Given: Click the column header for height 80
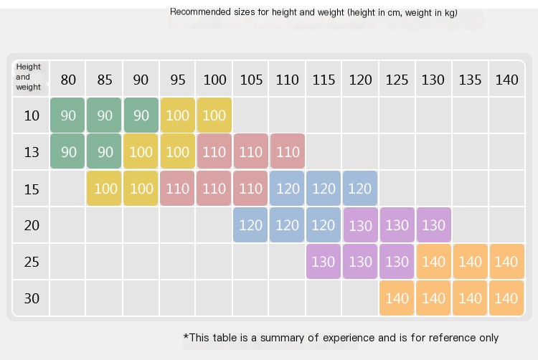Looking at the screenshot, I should [x=68, y=80].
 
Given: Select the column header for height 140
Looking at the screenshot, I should [x=506, y=80].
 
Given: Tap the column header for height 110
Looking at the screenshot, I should [x=287, y=80].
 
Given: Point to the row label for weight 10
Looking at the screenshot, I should [x=32, y=115].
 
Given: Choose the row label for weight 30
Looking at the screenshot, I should [x=32, y=298].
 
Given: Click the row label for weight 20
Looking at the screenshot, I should [x=32, y=225].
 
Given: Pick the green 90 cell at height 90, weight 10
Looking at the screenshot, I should [x=141, y=115].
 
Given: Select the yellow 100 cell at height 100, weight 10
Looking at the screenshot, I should [x=214, y=115].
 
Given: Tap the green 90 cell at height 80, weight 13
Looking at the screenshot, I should [x=68, y=152].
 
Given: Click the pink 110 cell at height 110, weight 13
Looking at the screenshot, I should [x=287, y=152].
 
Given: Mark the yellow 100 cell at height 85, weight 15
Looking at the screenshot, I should [x=105, y=189].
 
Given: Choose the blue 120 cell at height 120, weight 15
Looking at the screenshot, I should [x=360, y=189].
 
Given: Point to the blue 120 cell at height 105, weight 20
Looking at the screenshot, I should [x=250, y=225].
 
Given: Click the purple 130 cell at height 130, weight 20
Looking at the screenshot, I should [x=433, y=225].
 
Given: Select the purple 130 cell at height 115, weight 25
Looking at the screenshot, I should [x=324, y=262].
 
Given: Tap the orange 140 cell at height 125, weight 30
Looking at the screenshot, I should [x=397, y=298].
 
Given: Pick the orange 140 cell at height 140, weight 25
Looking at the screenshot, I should [x=506, y=262].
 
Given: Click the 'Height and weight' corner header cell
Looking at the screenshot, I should [x=29, y=77].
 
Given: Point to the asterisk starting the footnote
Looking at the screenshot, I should [x=186, y=336].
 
